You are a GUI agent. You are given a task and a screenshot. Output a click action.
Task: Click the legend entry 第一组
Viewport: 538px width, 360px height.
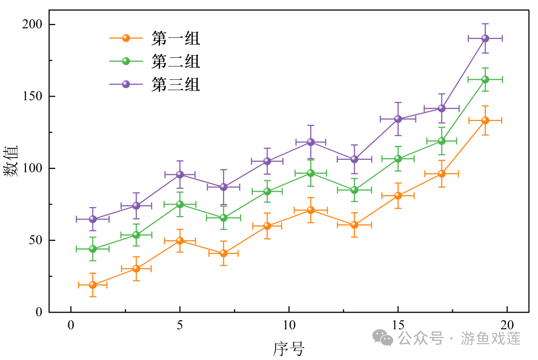click(175, 38)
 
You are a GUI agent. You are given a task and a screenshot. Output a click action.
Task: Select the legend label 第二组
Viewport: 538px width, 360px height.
click(175, 61)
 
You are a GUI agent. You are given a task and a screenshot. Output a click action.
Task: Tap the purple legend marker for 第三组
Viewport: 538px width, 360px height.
click(126, 84)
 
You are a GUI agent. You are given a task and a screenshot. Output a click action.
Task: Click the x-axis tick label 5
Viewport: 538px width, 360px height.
click(180, 325)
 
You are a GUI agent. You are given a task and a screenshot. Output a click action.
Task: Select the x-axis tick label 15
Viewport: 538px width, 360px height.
click(398, 325)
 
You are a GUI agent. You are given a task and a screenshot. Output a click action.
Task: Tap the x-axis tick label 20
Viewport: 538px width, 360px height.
click(507, 325)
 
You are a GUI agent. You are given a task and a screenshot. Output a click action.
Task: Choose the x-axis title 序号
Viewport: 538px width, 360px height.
click(288, 349)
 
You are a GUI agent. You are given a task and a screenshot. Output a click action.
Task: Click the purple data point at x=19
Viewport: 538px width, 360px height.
click(485, 38)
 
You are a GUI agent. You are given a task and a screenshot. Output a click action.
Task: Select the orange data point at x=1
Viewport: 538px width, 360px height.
click(93, 285)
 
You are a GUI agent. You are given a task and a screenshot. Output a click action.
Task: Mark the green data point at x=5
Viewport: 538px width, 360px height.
click(180, 204)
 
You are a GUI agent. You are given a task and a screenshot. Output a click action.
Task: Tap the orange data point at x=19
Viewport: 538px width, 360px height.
click(485, 120)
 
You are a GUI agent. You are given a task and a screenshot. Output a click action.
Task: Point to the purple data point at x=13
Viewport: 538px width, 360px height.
click(354, 159)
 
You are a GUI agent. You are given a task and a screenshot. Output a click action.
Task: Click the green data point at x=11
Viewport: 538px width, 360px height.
click(311, 173)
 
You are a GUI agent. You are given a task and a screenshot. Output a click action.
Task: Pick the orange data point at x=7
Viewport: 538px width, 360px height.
click(224, 253)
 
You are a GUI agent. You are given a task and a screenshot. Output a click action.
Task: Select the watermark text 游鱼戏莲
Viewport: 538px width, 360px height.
click(491, 339)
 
